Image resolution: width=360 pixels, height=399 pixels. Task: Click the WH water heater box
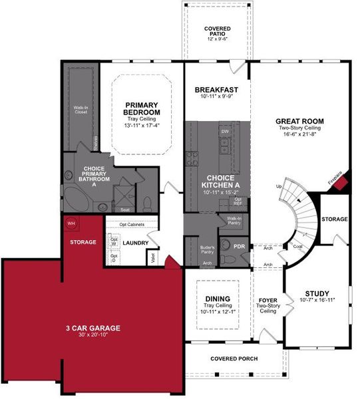(x=71, y=223)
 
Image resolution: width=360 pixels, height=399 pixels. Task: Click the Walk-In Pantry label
(x=234, y=220)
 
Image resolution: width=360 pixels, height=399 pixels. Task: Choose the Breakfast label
(x=216, y=90)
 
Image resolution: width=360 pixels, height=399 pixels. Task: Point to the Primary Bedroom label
(x=142, y=109)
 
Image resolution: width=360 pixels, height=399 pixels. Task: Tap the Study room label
(x=317, y=293)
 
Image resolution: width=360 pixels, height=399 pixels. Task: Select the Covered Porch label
(x=234, y=359)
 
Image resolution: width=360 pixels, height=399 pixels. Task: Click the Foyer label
(x=268, y=300)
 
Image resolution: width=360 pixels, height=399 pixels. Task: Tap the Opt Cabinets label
(x=132, y=224)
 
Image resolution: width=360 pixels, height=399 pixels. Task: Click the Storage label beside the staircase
(x=334, y=219)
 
